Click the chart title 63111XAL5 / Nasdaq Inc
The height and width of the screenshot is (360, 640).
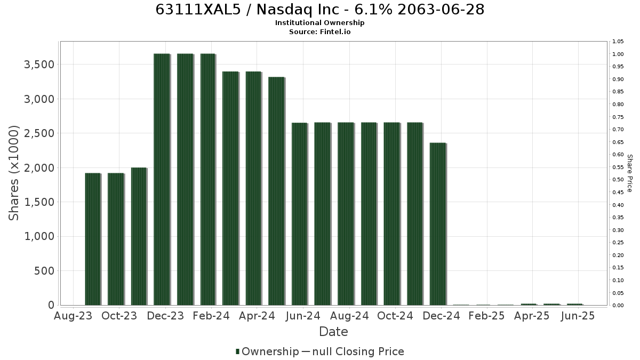[x=319, y=10]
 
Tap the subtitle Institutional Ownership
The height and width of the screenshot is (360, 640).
[x=319, y=23]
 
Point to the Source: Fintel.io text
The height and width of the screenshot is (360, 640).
[x=319, y=31]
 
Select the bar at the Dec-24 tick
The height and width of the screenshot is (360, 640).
[x=438, y=224]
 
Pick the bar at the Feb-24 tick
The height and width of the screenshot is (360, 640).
[x=209, y=179]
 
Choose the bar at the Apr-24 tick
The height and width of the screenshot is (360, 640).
[x=254, y=188]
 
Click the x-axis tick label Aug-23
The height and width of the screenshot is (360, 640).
[x=73, y=316]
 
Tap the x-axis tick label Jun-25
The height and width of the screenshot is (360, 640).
[x=578, y=316]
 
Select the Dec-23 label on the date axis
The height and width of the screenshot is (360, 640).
[x=165, y=316]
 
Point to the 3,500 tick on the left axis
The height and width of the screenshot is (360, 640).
[x=39, y=65]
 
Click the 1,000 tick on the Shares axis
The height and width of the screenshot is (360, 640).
[x=39, y=237]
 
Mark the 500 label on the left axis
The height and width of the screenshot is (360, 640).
[x=44, y=271]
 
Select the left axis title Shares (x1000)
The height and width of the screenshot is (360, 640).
[x=13, y=173]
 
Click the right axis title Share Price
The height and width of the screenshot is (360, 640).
[x=630, y=173]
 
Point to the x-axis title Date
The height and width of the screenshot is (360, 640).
[x=333, y=332]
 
